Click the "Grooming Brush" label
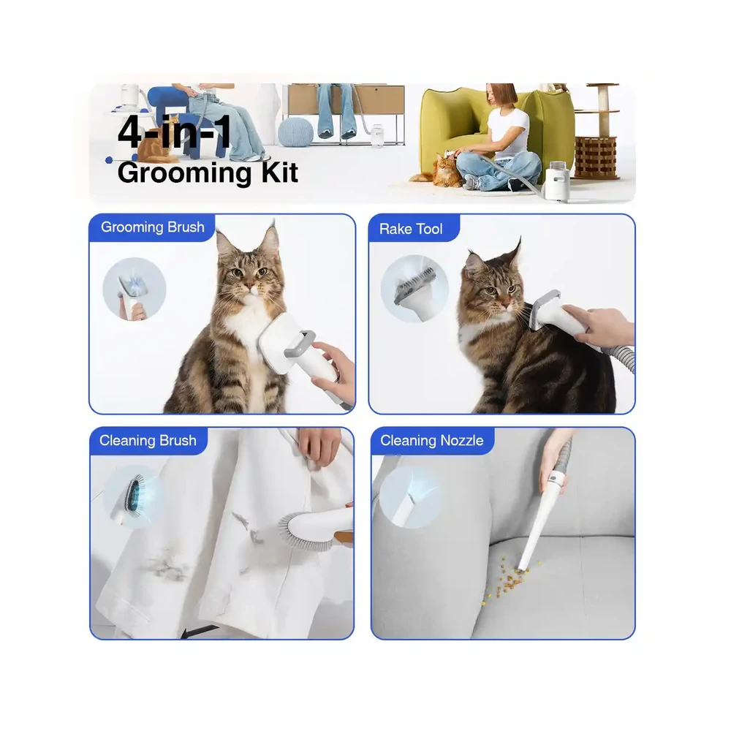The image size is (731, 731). click(153, 227)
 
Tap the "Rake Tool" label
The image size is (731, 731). click(411, 229)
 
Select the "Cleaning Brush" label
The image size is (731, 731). click(148, 441)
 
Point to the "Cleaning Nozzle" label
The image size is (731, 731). click(432, 441)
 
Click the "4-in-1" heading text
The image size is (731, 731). click(175, 132)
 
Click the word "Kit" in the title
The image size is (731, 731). click(279, 173)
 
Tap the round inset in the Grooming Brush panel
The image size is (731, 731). click(135, 289)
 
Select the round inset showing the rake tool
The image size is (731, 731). click(414, 289)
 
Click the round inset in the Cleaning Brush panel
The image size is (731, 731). click(133, 496)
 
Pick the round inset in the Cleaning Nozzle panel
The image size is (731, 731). click(410, 497)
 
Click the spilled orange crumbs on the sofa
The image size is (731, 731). click(510, 579)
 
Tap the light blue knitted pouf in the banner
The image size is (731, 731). click(295, 131)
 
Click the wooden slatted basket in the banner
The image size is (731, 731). click(595, 156)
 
